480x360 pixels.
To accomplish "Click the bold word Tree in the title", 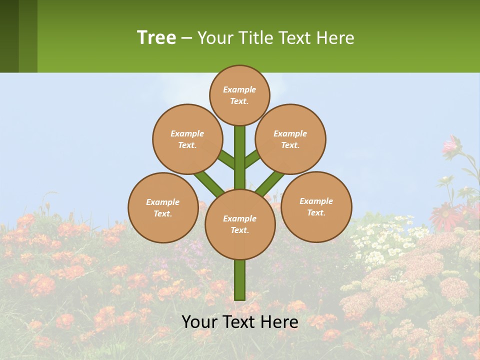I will click(x=156, y=37).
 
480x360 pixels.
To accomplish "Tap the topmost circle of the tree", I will click(x=239, y=95).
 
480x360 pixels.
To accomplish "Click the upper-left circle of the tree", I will click(x=187, y=139).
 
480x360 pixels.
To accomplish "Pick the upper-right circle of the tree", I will click(x=290, y=139).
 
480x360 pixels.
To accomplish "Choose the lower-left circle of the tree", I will click(x=163, y=207).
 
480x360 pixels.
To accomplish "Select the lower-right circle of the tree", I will click(x=316, y=206).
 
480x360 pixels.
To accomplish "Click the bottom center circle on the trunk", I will click(x=240, y=224).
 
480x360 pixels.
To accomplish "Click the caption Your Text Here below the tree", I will click(x=240, y=322).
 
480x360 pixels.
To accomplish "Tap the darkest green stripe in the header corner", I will click(x=9, y=36).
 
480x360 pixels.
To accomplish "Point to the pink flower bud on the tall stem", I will click(x=451, y=145).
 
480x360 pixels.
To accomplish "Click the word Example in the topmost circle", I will click(x=239, y=89).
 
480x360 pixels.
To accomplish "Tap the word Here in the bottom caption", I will click(x=279, y=322).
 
